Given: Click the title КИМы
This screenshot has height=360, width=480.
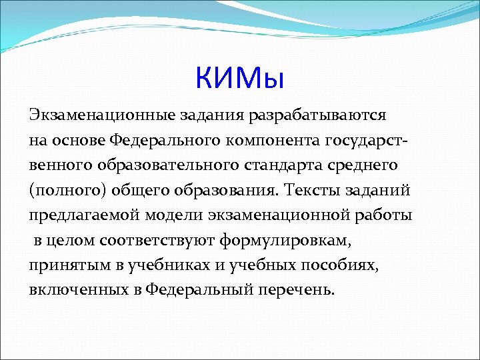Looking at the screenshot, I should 240,78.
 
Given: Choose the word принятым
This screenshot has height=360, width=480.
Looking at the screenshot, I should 61,265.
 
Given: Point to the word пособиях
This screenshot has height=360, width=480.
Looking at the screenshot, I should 341,265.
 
